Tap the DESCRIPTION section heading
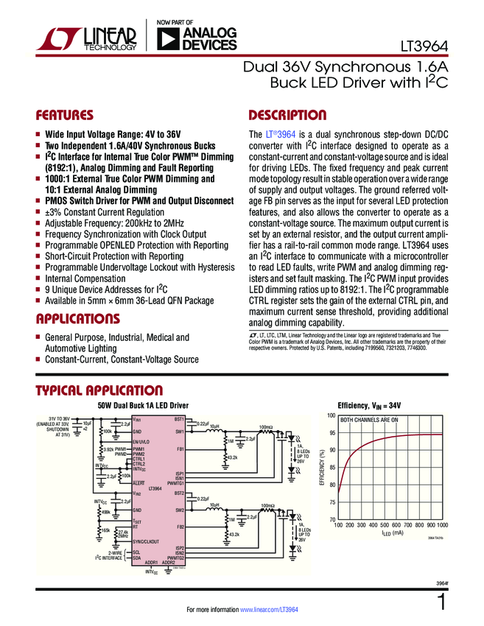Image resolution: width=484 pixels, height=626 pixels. (288, 116)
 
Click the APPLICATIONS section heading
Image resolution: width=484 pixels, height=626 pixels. (78, 319)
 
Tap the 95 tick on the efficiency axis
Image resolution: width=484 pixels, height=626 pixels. (332, 433)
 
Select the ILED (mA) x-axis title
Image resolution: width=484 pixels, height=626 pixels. (390, 533)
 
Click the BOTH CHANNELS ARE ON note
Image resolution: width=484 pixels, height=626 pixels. (368, 421)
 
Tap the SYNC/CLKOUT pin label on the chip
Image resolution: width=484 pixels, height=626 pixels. (145, 542)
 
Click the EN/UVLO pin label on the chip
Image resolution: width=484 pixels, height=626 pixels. (141, 442)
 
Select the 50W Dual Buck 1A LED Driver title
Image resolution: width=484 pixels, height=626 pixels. (143, 405)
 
